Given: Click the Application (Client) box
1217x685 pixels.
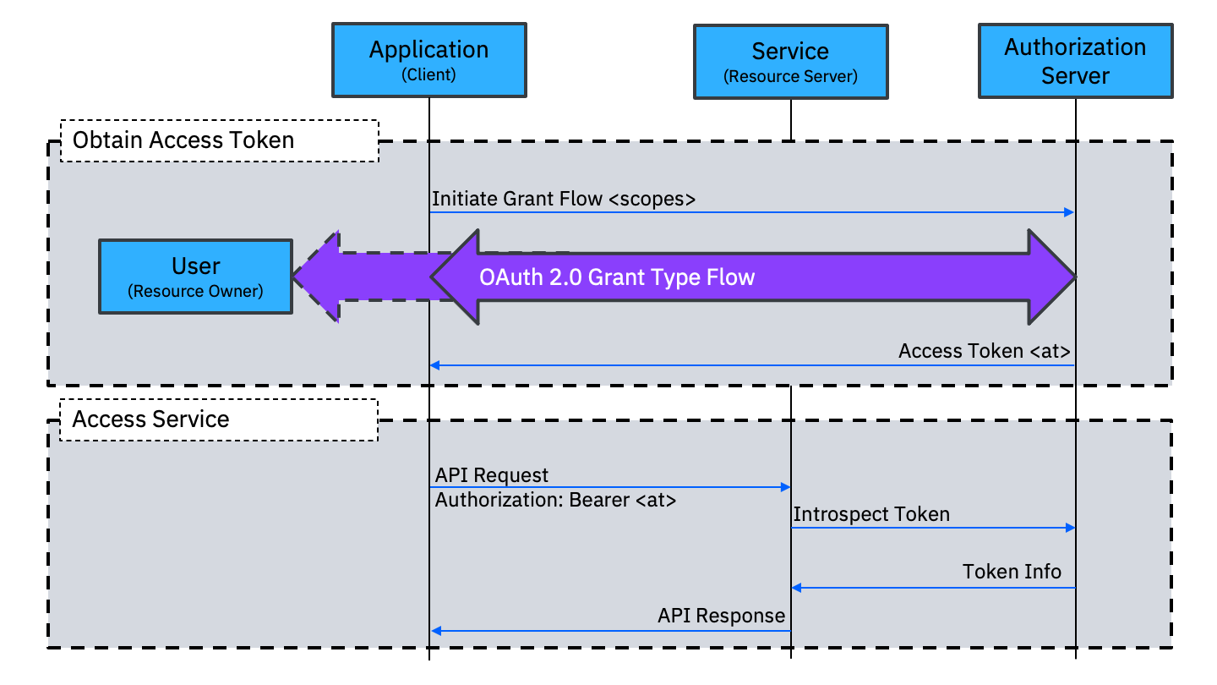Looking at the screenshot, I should pos(428,59).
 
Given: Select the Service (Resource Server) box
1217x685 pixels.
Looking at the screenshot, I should pos(790,62).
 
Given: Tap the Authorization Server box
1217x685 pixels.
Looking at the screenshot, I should pos(1075,61).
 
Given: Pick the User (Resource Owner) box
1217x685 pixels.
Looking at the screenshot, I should pos(195,277).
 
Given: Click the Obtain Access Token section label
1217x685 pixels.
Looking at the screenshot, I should pos(183,140).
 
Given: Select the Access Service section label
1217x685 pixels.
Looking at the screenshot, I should pos(151,419).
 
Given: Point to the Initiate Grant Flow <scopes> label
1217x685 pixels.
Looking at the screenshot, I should pos(564,200).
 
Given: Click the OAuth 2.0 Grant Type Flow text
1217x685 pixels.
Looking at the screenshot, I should pos(617,277).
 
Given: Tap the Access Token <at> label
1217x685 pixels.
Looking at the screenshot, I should pos(985,351).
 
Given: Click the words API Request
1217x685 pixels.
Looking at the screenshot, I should pos(492,475).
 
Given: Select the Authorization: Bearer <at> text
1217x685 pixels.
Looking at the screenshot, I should pos(555,500).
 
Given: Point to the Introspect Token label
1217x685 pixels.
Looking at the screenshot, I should pos(871,514).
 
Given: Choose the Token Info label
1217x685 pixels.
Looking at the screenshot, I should pos(1012,572).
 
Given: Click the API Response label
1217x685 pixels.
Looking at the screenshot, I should pos(721,616).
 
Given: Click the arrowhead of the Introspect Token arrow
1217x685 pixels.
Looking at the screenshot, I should pos(1069,528).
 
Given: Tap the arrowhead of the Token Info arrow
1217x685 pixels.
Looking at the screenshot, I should pos(796,588).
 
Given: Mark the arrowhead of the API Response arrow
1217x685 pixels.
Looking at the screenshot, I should pos(435,631).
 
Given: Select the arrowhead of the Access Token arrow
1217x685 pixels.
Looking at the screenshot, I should pos(435,365).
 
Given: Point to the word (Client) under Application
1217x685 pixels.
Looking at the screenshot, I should pos(428,74).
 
